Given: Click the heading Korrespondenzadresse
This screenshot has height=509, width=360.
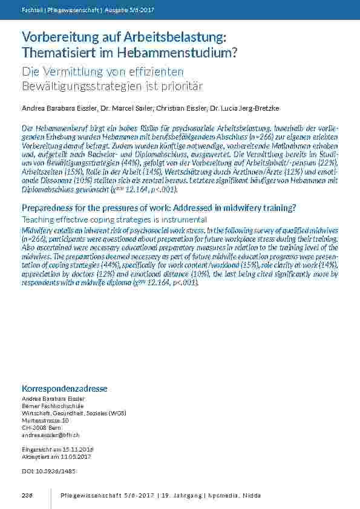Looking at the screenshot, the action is click(64, 388).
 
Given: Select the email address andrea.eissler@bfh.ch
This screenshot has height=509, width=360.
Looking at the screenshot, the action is click(51, 435).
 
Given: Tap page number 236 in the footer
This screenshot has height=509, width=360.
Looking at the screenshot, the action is click(27, 496).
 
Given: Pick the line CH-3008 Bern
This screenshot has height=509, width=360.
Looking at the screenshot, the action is click(41, 428).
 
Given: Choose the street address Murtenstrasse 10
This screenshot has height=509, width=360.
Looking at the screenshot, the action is click(45, 421).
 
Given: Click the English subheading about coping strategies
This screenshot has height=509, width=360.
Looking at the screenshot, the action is click(114, 219).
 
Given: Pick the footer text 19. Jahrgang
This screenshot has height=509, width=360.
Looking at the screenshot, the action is click(177, 496).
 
